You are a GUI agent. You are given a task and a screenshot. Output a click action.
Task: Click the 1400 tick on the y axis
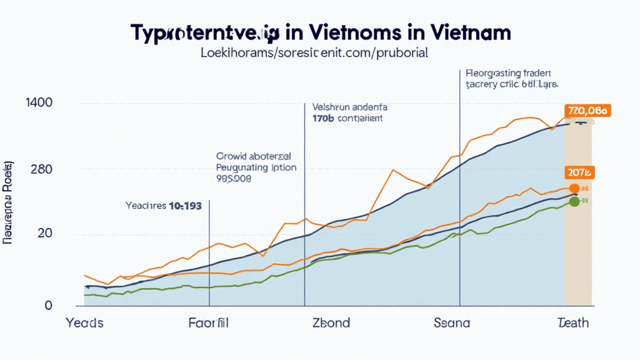(x=39, y=102)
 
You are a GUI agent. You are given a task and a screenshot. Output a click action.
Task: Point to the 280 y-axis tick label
(x=41, y=169)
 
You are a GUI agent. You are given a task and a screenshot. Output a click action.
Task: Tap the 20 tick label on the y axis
(x=44, y=233)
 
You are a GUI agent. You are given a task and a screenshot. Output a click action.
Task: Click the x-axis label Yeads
(x=84, y=323)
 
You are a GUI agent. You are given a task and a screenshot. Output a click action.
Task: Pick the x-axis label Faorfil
(x=209, y=323)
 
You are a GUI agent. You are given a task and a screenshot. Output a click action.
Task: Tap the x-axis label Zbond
(x=331, y=323)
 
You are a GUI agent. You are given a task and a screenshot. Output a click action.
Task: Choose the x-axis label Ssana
(x=452, y=323)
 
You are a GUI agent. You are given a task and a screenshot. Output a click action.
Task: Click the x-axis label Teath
(x=572, y=323)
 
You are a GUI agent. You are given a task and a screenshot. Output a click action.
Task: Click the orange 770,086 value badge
(x=587, y=111)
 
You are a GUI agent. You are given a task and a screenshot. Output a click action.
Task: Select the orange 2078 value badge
(x=580, y=172)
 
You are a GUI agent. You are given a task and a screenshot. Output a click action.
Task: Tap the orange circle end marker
(x=574, y=188)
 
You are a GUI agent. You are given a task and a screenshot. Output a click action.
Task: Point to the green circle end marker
(x=574, y=202)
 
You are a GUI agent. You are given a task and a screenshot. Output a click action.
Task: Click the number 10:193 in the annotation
(x=185, y=206)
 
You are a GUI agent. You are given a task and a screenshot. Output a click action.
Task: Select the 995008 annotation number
(x=234, y=178)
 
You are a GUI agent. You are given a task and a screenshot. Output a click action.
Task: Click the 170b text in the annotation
(x=322, y=117)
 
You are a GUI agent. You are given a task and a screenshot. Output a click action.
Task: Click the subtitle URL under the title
(x=314, y=53)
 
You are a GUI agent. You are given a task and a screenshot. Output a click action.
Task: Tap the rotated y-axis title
(x=9, y=202)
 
